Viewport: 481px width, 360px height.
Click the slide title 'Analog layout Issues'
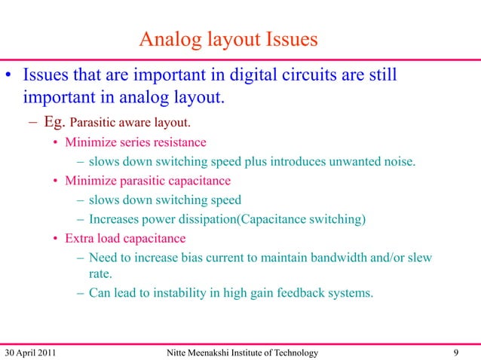[x=228, y=38]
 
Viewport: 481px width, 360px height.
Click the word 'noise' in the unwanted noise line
[x=398, y=161]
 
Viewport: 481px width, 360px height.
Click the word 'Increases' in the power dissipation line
[x=114, y=219]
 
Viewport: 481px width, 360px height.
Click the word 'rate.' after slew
[x=101, y=275]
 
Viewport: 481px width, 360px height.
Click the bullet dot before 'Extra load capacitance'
[x=56, y=239]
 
